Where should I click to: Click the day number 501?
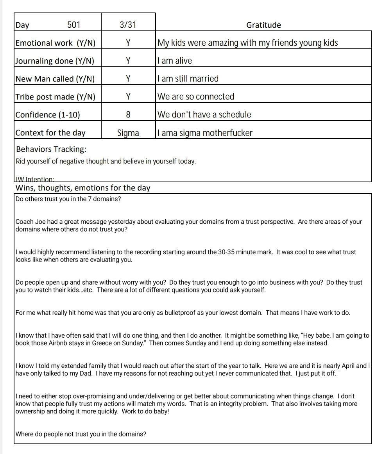pyautogui.click(x=73, y=25)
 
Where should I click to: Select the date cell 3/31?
pyautogui.click(x=128, y=25)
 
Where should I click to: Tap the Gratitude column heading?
pyautogui.click(x=263, y=25)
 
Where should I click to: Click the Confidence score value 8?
pyautogui.click(x=128, y=115)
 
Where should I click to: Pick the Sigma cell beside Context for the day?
pyautogui.click(x=128, y=133)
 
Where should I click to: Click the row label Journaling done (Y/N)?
pyautogui.click(x=55, y=61)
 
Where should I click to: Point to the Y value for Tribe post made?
pyautogui.click(x=128, y=97)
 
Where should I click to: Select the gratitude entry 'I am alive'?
pyautogui.click(x=175, y=61)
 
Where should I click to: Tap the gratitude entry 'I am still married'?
pyautogui.click(x=188, y=79)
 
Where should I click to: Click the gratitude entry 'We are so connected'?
pyautogui.click(x=196, y=97)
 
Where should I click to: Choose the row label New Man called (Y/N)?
pyautogui.click(x=55, y=79)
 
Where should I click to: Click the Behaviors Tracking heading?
pyautogui.click(x=51, y=149)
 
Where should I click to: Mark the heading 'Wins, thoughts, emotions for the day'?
pyautogui.click(x=83, y=188)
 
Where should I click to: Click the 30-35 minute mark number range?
pyautogui.click(x=227, y=252)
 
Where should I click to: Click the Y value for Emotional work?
pyautogui.click(x=128, y=43)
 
